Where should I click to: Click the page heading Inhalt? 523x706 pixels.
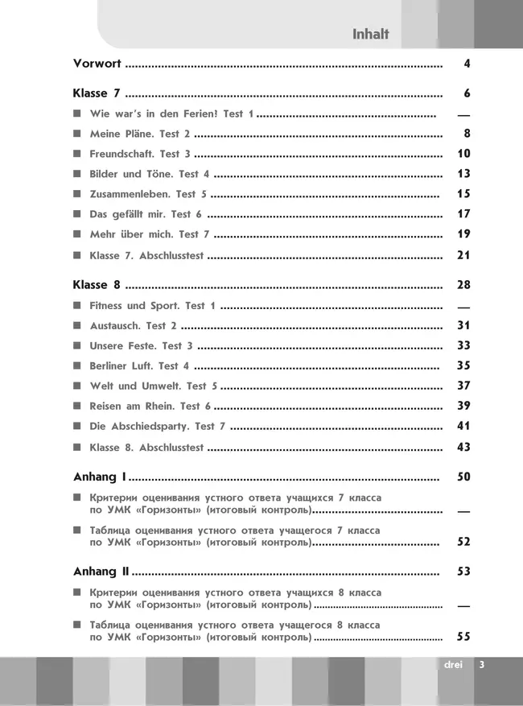pyautogui.click(x=370, y=34)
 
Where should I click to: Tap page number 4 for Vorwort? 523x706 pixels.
pyautogui.click(x=467, y=64)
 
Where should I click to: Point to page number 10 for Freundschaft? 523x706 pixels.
pyautogui.click(x=463, y=154)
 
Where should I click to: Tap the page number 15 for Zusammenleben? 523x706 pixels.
pyautogui.click(x=463, y=194)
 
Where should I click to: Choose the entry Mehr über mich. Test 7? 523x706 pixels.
pyautogui.click(x=150, y=234)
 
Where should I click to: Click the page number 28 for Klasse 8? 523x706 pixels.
pyautogui.click(x=463, y=285)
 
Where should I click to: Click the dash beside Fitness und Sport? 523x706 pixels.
pyautogui.click(x=463, y=308)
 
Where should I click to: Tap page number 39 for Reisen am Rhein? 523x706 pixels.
pyautogui.click(x=463, y=406)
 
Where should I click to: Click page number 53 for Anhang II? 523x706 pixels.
pyautogui.click(x=463, y=572)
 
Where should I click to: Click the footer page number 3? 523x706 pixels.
pyautogui.click(x=481, y=665)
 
